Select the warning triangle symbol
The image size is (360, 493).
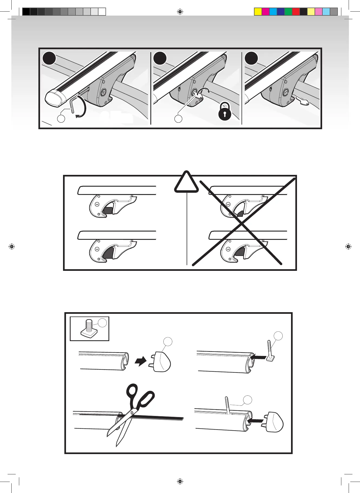186,182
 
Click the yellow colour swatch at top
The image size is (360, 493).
258,12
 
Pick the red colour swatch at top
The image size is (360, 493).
296,12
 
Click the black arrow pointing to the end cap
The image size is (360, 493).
141,361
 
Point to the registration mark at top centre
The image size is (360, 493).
180,12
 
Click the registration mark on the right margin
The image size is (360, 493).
348,247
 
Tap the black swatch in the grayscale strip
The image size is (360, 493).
26,12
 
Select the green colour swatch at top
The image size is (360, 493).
288,12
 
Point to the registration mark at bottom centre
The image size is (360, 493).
180,481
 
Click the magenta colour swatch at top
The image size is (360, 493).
266,12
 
